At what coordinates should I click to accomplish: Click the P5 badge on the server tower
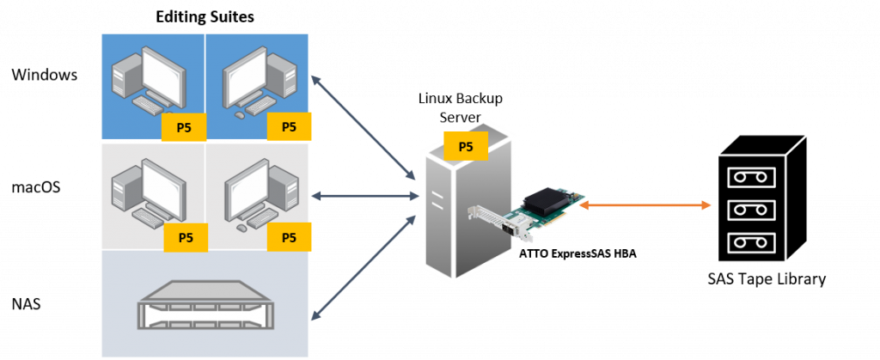465,146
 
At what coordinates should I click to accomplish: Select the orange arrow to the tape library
645,205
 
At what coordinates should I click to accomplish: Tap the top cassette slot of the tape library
751,176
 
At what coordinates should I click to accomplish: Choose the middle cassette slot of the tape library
751,210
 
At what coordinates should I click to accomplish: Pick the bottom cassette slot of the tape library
751,242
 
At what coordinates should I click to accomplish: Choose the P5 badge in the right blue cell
289,127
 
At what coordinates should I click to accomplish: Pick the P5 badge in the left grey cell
185,237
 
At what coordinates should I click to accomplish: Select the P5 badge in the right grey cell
290,237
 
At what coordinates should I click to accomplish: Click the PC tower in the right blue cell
287,82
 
